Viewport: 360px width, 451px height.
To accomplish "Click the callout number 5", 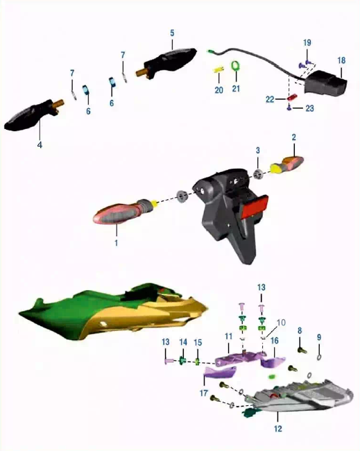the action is coord(172,33).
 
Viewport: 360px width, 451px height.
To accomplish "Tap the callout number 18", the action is coord(341,60).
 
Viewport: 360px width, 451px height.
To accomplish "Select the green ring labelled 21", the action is coord(236,66).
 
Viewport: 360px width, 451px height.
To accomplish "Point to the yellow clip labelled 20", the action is coord(219,70).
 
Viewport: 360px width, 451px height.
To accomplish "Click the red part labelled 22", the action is coord(292,97).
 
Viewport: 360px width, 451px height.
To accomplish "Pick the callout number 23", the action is coord(309,108).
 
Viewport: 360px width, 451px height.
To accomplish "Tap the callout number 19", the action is coord(307,43).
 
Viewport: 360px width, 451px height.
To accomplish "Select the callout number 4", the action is coord(40,145).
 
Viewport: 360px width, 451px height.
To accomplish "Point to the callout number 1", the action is coord(116,243).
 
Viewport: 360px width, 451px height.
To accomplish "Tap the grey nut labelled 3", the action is coord(258,174).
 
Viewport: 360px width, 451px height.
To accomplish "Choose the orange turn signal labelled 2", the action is coord(288,164).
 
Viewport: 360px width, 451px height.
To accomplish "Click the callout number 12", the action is coord(277,429).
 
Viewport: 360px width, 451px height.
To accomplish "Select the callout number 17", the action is coord(203,393).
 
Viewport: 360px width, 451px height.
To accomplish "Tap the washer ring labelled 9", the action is coord(319,357).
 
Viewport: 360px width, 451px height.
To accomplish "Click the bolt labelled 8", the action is coord(302,350).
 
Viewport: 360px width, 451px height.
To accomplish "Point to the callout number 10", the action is coord(281,323).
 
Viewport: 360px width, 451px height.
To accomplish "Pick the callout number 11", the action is coord(228,337).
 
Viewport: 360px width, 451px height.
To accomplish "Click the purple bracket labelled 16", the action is coord(273,361).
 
